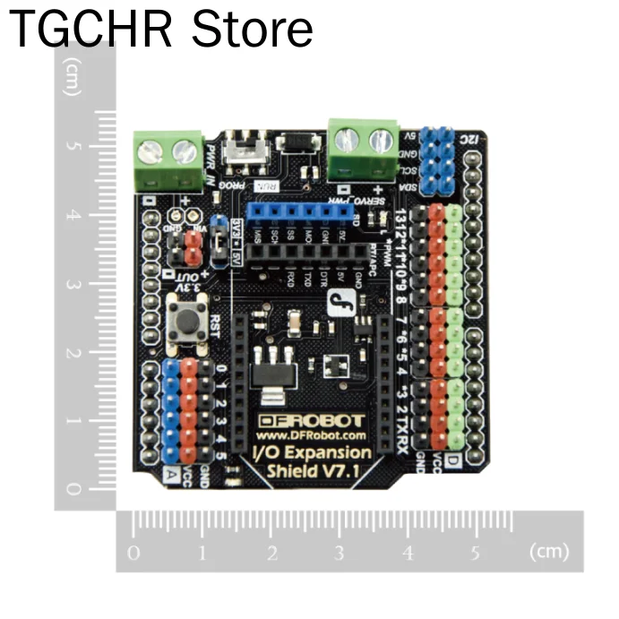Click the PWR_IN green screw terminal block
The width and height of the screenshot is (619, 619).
168,159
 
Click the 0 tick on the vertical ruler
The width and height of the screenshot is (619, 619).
73,489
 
